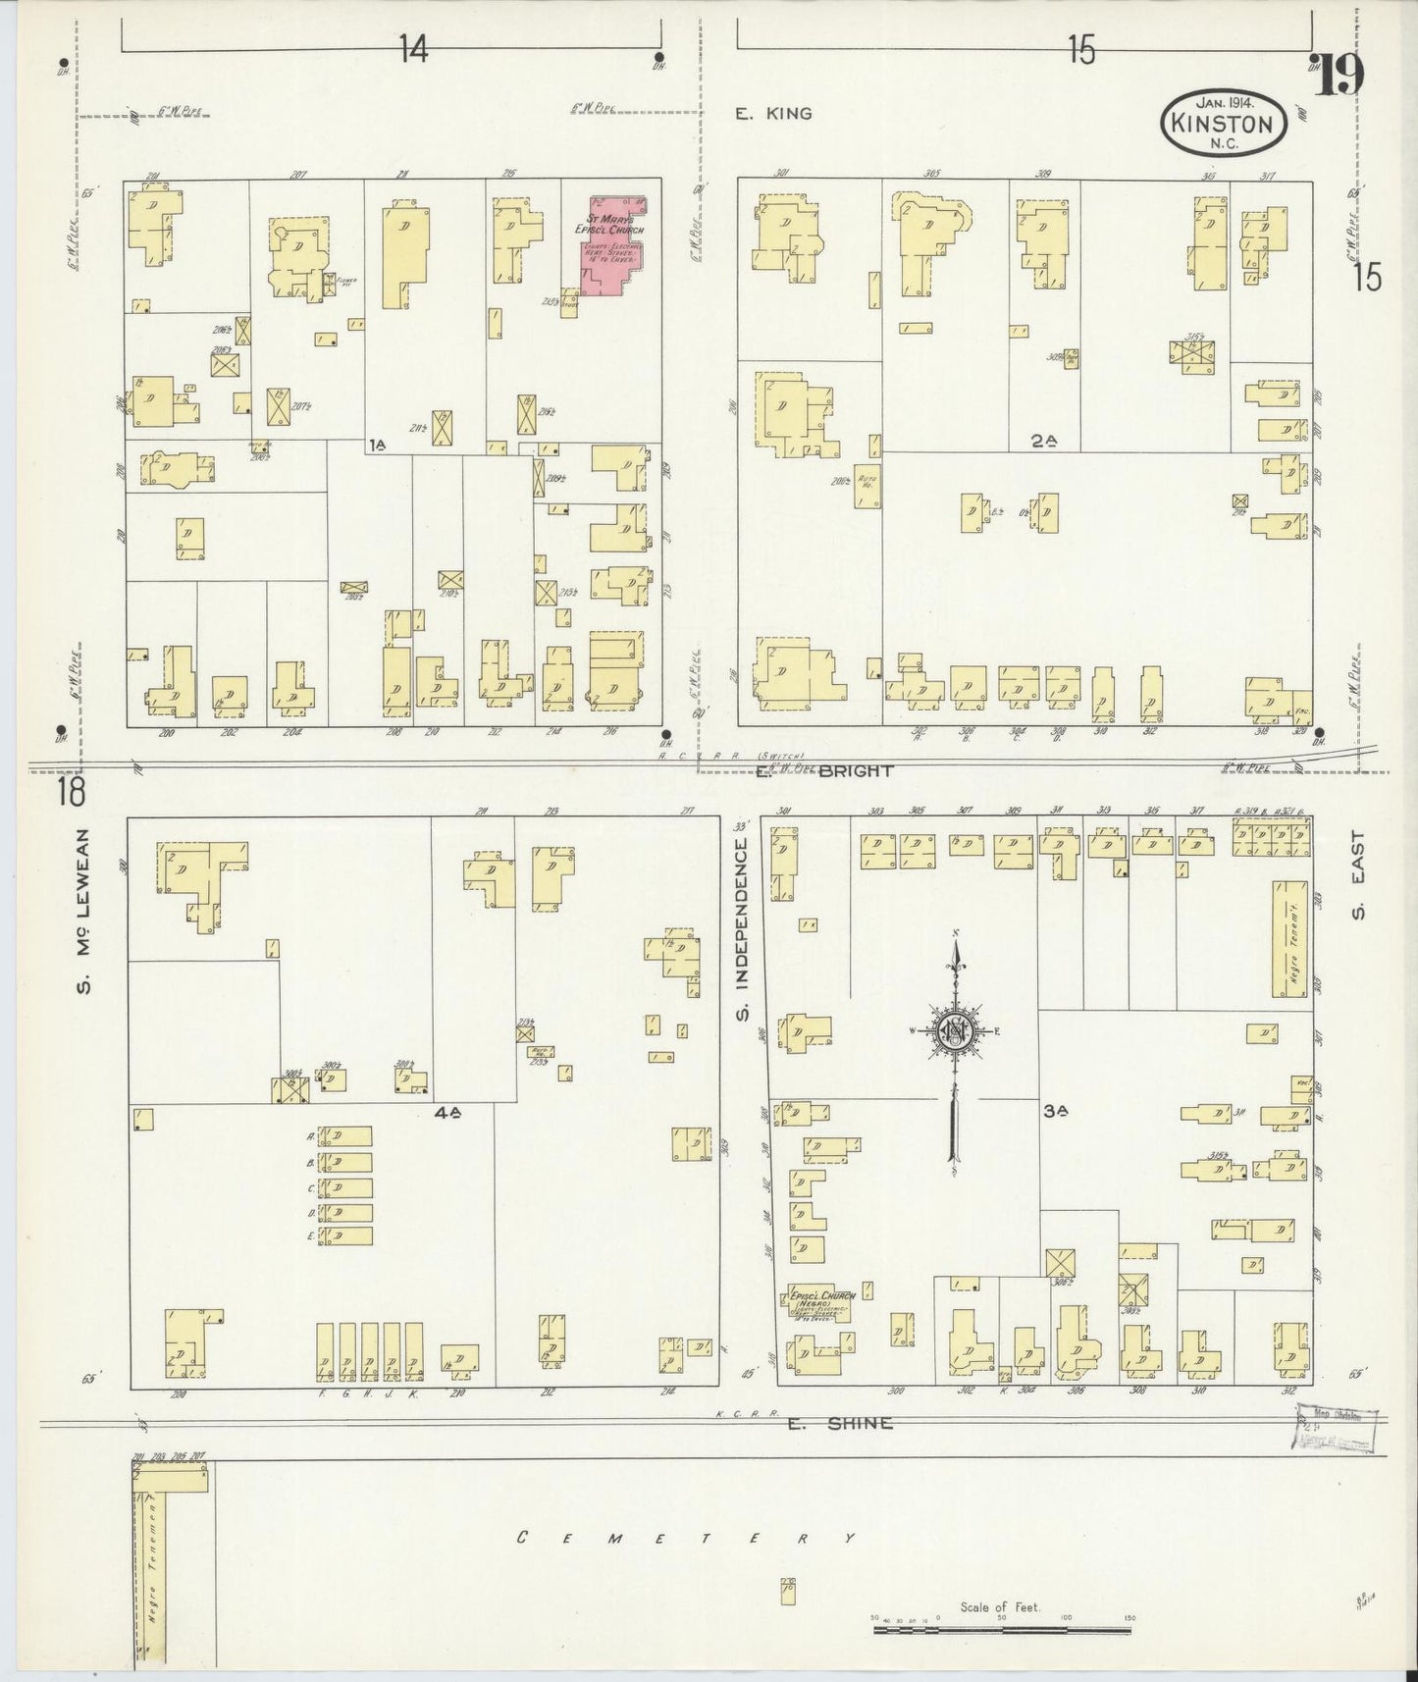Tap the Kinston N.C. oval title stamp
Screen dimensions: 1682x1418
(x=1223, y=122)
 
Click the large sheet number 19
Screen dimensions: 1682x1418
(x=1339, y=76)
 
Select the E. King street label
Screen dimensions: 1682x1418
(x=774, y=114)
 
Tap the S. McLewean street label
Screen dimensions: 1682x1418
(x=85, y=911)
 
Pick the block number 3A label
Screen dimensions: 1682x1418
(x=1055, y=1111)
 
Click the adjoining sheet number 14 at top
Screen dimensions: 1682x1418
(x=413, y=49)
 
